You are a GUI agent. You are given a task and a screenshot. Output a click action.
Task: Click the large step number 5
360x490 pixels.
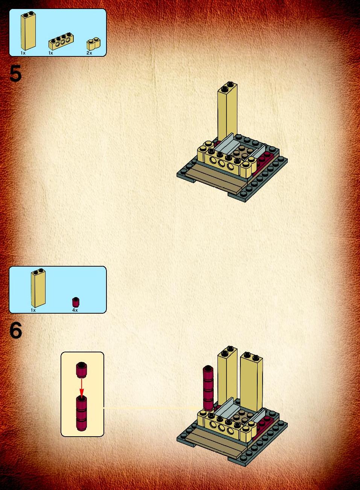(15, 74)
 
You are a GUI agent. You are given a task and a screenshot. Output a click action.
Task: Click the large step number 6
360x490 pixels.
(16, 330)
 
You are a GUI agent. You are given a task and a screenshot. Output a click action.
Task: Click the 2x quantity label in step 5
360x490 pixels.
(89, 53)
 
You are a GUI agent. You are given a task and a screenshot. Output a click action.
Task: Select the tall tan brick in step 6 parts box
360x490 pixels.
(38, 288)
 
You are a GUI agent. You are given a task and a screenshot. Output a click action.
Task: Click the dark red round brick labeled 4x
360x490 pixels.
(76, 302)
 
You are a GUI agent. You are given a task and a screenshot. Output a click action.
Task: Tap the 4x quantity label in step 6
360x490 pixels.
(75, 310)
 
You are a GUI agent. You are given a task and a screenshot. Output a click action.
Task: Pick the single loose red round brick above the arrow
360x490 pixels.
(81, 370)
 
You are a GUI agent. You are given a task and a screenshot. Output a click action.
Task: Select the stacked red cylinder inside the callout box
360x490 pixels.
(81, 413)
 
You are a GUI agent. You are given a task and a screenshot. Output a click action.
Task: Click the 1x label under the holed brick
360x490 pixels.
(51, 53)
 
